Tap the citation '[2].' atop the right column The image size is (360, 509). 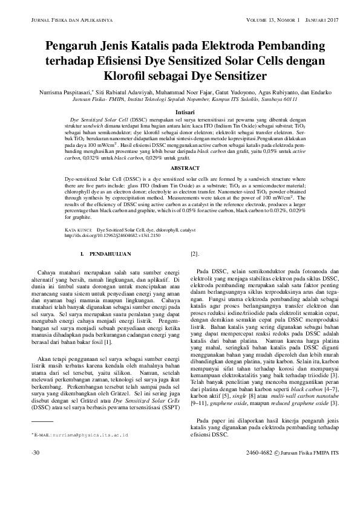[x=195, y=254]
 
